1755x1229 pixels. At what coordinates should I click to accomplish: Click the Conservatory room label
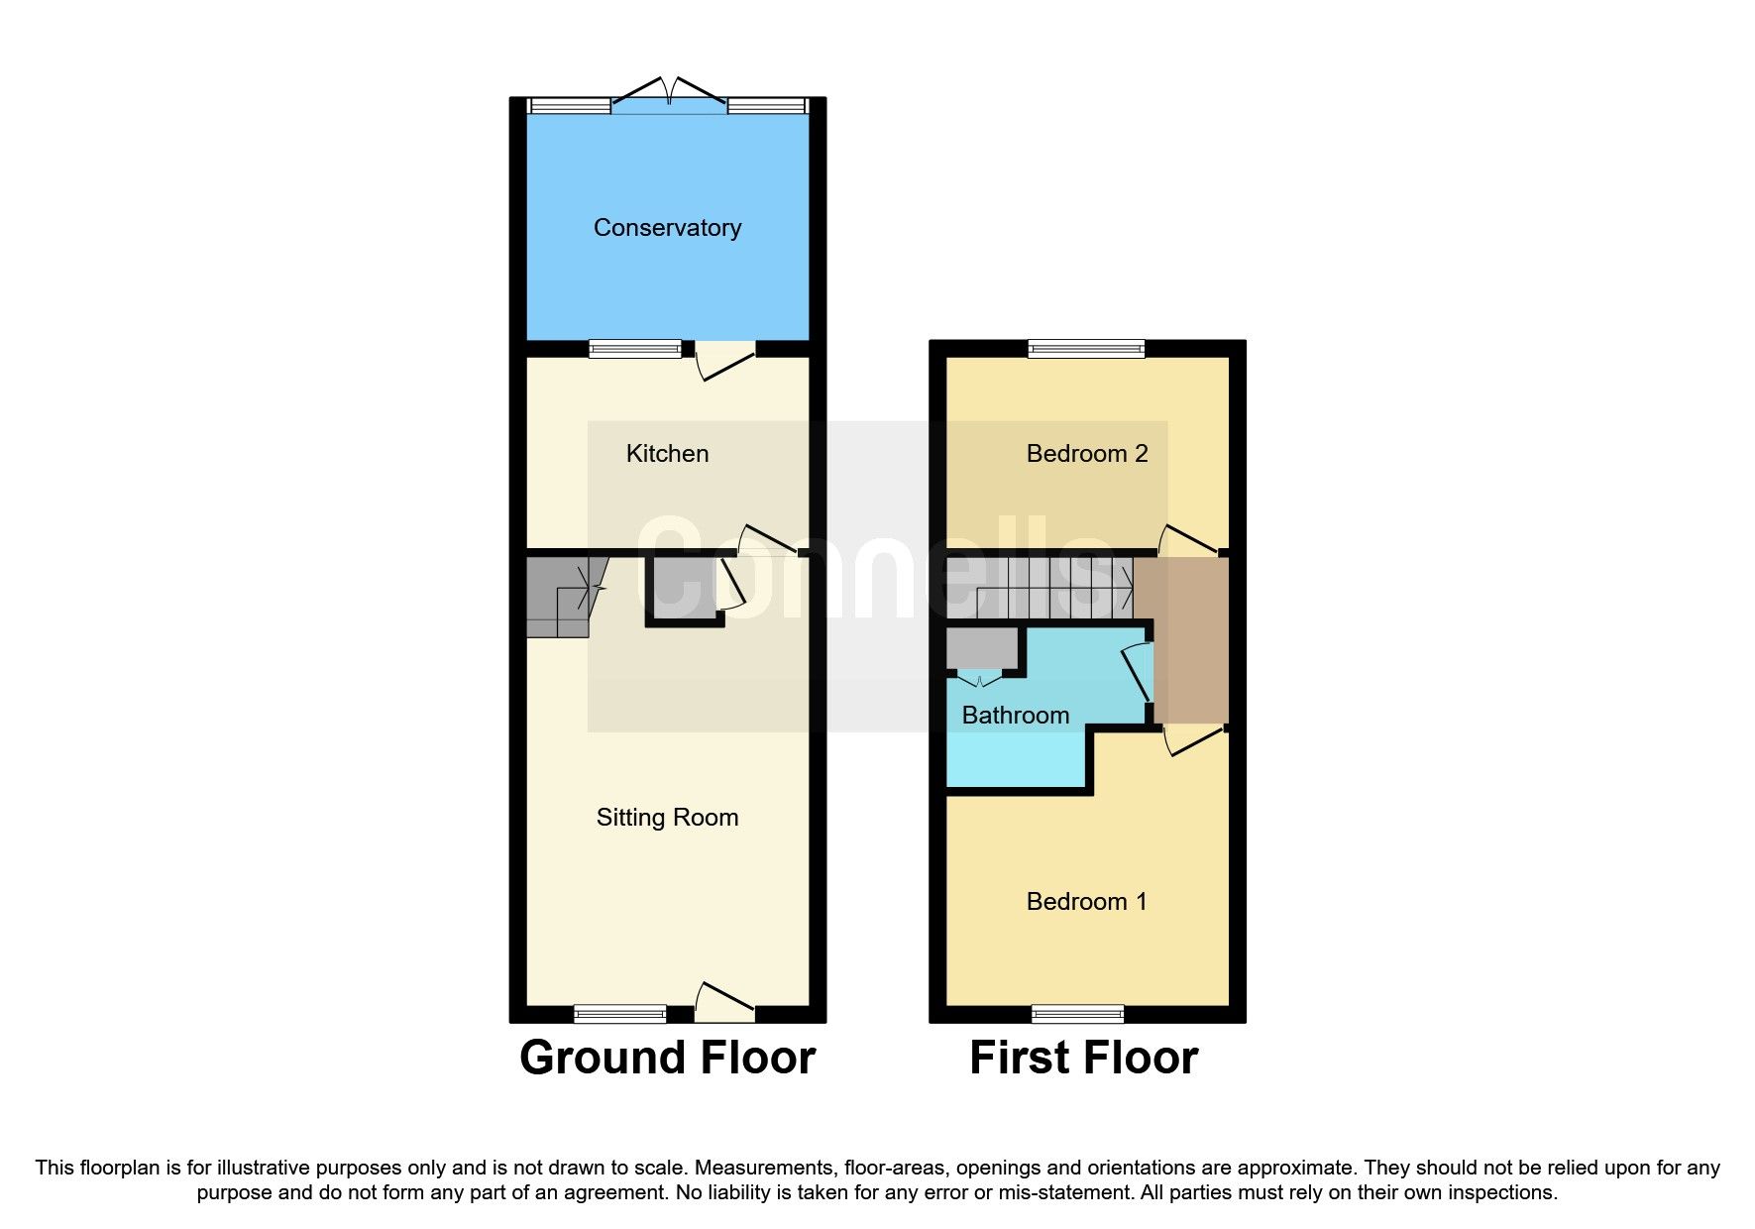667,228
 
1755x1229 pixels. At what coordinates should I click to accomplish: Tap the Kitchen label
667,454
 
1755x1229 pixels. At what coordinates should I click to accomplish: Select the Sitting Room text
667,818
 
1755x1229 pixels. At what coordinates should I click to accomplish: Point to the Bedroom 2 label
1086,454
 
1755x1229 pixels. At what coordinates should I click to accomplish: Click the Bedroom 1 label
1086,902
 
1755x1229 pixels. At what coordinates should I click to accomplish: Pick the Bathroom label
1015,716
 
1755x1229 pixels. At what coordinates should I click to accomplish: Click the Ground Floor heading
667,1058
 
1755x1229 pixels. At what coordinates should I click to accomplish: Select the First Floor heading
1083,1058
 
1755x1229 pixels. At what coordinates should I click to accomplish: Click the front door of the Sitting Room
724,1005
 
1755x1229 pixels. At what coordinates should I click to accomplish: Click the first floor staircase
1041,588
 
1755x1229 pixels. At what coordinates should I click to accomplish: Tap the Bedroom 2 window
1086,348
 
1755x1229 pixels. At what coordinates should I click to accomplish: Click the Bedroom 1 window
1077,1013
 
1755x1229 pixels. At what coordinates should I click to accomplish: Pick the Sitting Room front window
619,1013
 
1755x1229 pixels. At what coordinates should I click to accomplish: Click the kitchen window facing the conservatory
635,348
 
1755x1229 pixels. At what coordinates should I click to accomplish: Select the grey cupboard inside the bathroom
982,648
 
